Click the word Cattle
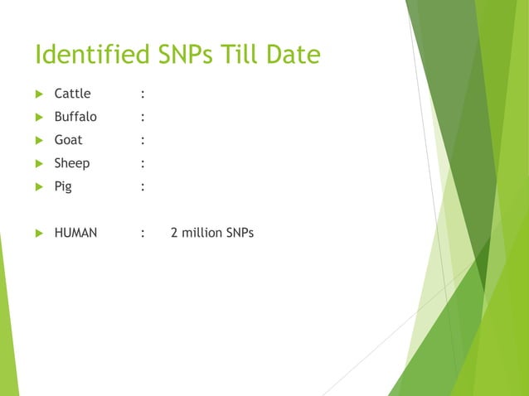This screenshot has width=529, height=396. click(72, 94)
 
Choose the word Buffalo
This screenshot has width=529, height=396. click(75, 117)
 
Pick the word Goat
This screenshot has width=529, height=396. click(68, 140)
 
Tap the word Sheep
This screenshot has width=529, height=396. click(72, 163)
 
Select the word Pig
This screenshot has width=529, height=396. click(63, 186)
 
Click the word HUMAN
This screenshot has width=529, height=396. click(75, 233)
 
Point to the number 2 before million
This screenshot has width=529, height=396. click(174, 233)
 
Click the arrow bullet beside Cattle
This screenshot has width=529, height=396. click(39, 94)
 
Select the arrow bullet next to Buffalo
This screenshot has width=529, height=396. click(39, 117)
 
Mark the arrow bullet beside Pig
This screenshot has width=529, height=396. click(39, 187)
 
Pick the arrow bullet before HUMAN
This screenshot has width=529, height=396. click(39, 234)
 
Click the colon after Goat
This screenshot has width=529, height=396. click(143, 141)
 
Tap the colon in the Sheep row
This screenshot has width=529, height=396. click(143, 164)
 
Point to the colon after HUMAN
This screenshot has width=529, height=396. click(143, 234)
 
